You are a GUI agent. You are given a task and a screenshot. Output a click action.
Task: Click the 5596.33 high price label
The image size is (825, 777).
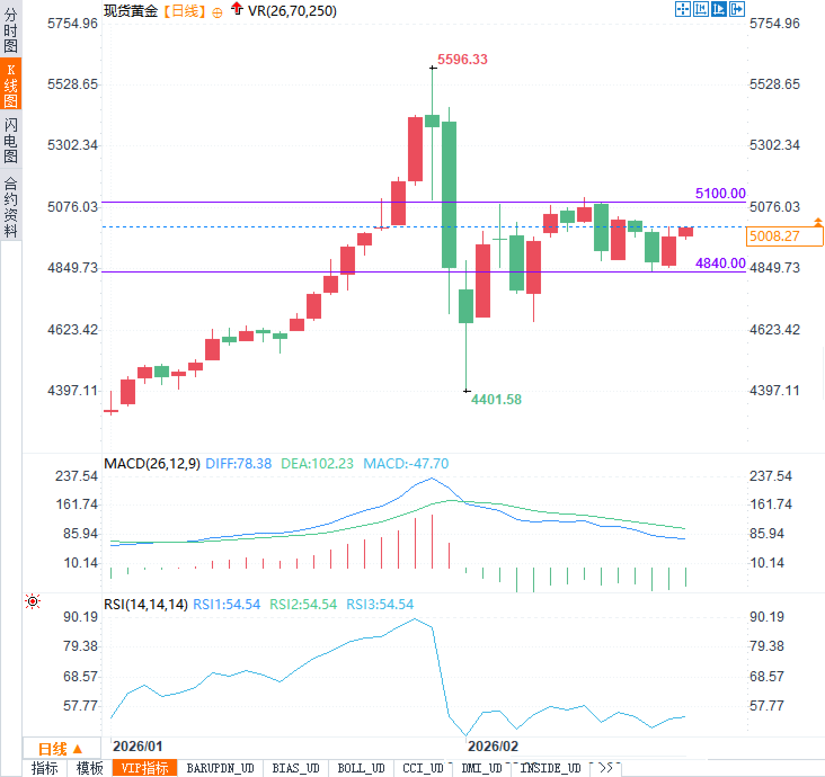tap(462, 60)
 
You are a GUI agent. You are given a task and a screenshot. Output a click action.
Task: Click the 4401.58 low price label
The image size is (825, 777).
tap(496, 400)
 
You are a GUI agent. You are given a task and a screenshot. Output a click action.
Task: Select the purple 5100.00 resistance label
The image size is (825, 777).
tap(720, 194)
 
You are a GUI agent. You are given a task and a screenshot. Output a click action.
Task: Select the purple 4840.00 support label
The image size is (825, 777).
tap(720, 264)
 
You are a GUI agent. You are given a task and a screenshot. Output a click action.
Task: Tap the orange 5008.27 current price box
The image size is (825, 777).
tap(783, 236)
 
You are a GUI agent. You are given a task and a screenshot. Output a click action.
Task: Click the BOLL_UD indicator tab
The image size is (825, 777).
tap(361, 769)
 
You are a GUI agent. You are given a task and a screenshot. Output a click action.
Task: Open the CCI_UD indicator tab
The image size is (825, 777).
tap(423, 769)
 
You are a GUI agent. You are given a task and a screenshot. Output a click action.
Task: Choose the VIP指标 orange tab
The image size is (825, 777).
tap(145, 769)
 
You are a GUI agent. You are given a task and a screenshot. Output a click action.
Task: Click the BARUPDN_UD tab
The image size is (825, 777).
tap(220, 769)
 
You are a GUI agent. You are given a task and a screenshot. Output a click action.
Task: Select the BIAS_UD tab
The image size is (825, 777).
tap(295, 769)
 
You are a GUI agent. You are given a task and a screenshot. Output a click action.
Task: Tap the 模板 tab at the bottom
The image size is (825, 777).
tap(90, 769)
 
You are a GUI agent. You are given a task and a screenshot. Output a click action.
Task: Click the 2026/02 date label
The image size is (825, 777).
tap(493, 747)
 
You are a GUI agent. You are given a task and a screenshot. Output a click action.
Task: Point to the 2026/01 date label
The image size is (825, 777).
tap(137, 747)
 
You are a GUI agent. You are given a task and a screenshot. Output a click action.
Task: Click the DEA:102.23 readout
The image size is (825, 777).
tap(317, 464)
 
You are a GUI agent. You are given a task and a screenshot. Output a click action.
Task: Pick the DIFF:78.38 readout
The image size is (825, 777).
tap(238, 464)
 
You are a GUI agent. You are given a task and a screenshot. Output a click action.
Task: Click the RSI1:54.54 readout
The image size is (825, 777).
tap(227, 605)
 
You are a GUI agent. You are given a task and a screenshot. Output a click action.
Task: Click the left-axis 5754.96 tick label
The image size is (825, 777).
tap(72, 24)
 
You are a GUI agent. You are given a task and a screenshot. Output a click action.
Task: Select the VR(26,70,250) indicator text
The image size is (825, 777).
tap(292, 11)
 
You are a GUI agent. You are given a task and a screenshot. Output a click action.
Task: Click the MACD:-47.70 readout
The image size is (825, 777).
tap(406, 464)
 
